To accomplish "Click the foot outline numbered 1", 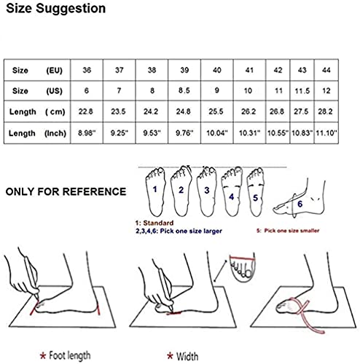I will pyautogui.click(x=154, y=191).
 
